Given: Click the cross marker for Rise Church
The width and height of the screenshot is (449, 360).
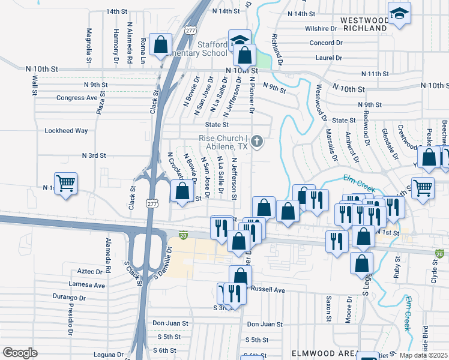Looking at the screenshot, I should (x=257, y=142).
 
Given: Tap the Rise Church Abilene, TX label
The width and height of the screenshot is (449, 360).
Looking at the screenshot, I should (x=223, y=142).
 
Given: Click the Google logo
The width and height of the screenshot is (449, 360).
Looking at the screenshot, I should (x=20, y=352).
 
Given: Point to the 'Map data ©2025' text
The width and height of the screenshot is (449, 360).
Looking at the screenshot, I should (x=424, y=355).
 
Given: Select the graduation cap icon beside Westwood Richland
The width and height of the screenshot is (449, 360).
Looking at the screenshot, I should (x=399, y=14).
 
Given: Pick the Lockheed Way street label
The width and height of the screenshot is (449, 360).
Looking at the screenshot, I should (x=66, y=131).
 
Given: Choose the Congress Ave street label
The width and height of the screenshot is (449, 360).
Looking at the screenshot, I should (x=77, y=98).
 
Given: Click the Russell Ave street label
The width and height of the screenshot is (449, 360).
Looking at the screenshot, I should (x=268, y=289).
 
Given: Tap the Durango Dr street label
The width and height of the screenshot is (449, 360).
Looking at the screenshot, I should (x=70, y=297).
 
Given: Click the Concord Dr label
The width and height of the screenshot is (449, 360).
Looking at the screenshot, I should (x=325, y=43).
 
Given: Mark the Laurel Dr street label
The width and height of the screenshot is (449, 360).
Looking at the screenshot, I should (x=328, y=58).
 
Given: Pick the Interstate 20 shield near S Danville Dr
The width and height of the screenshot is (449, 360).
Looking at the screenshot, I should (x=184, y=233).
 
